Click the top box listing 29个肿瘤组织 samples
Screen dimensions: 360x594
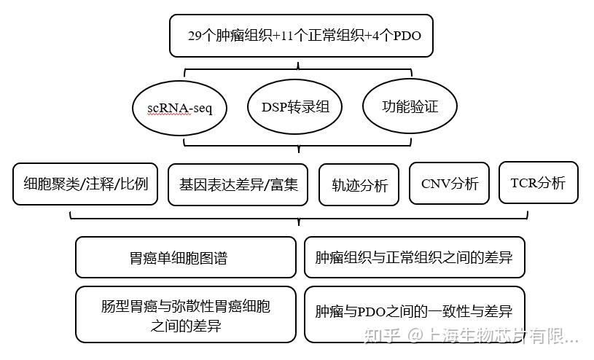(x=301, y=35)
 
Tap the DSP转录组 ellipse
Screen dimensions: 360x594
(x=295, y=107)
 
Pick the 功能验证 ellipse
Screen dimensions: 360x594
(x=410, y=106)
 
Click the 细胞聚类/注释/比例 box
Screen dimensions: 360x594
(x=86, y=183)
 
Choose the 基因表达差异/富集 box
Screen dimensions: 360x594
(x=238, y=183)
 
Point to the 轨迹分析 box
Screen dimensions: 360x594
(x=360, y=185)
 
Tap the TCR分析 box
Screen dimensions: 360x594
(x=538, y=182)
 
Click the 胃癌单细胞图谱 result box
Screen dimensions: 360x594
(x=186, y=257)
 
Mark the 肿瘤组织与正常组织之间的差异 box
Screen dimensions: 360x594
(x=414, y=257)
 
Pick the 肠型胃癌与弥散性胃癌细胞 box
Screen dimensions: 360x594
(x=186, y=316)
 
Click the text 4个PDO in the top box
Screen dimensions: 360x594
(x=402, y=35)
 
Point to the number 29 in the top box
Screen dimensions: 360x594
(x=195, y=35)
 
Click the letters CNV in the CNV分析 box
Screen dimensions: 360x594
(x=434, y=183)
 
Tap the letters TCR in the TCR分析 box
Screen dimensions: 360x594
(x=522, y=182)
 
